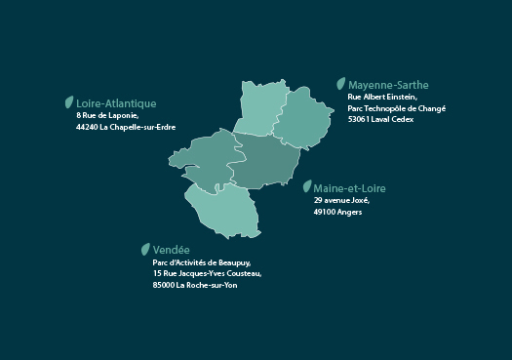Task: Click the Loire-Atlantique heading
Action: (x=116, y=102)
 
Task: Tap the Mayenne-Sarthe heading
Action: (x=388, y=85)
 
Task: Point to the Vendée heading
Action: (x=171, y=250)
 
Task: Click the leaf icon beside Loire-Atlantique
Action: (x=68, y=101)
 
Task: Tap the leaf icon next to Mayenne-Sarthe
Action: (x=340, y=84)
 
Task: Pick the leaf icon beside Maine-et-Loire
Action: (x=307, y=186)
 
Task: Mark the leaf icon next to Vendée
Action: (x=145, y=249)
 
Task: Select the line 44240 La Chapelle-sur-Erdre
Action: (x=125, y=127)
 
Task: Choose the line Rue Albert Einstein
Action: (x=382, y=97)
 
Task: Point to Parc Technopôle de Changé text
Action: (x=396, y=108)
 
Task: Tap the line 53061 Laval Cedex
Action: (x=380, y=120)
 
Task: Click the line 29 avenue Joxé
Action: (x=341, y=200)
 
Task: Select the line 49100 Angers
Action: (x=337, y=212)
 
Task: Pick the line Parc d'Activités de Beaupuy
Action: (x=201, y=262)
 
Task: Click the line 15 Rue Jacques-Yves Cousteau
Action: (x=207, y=274)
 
